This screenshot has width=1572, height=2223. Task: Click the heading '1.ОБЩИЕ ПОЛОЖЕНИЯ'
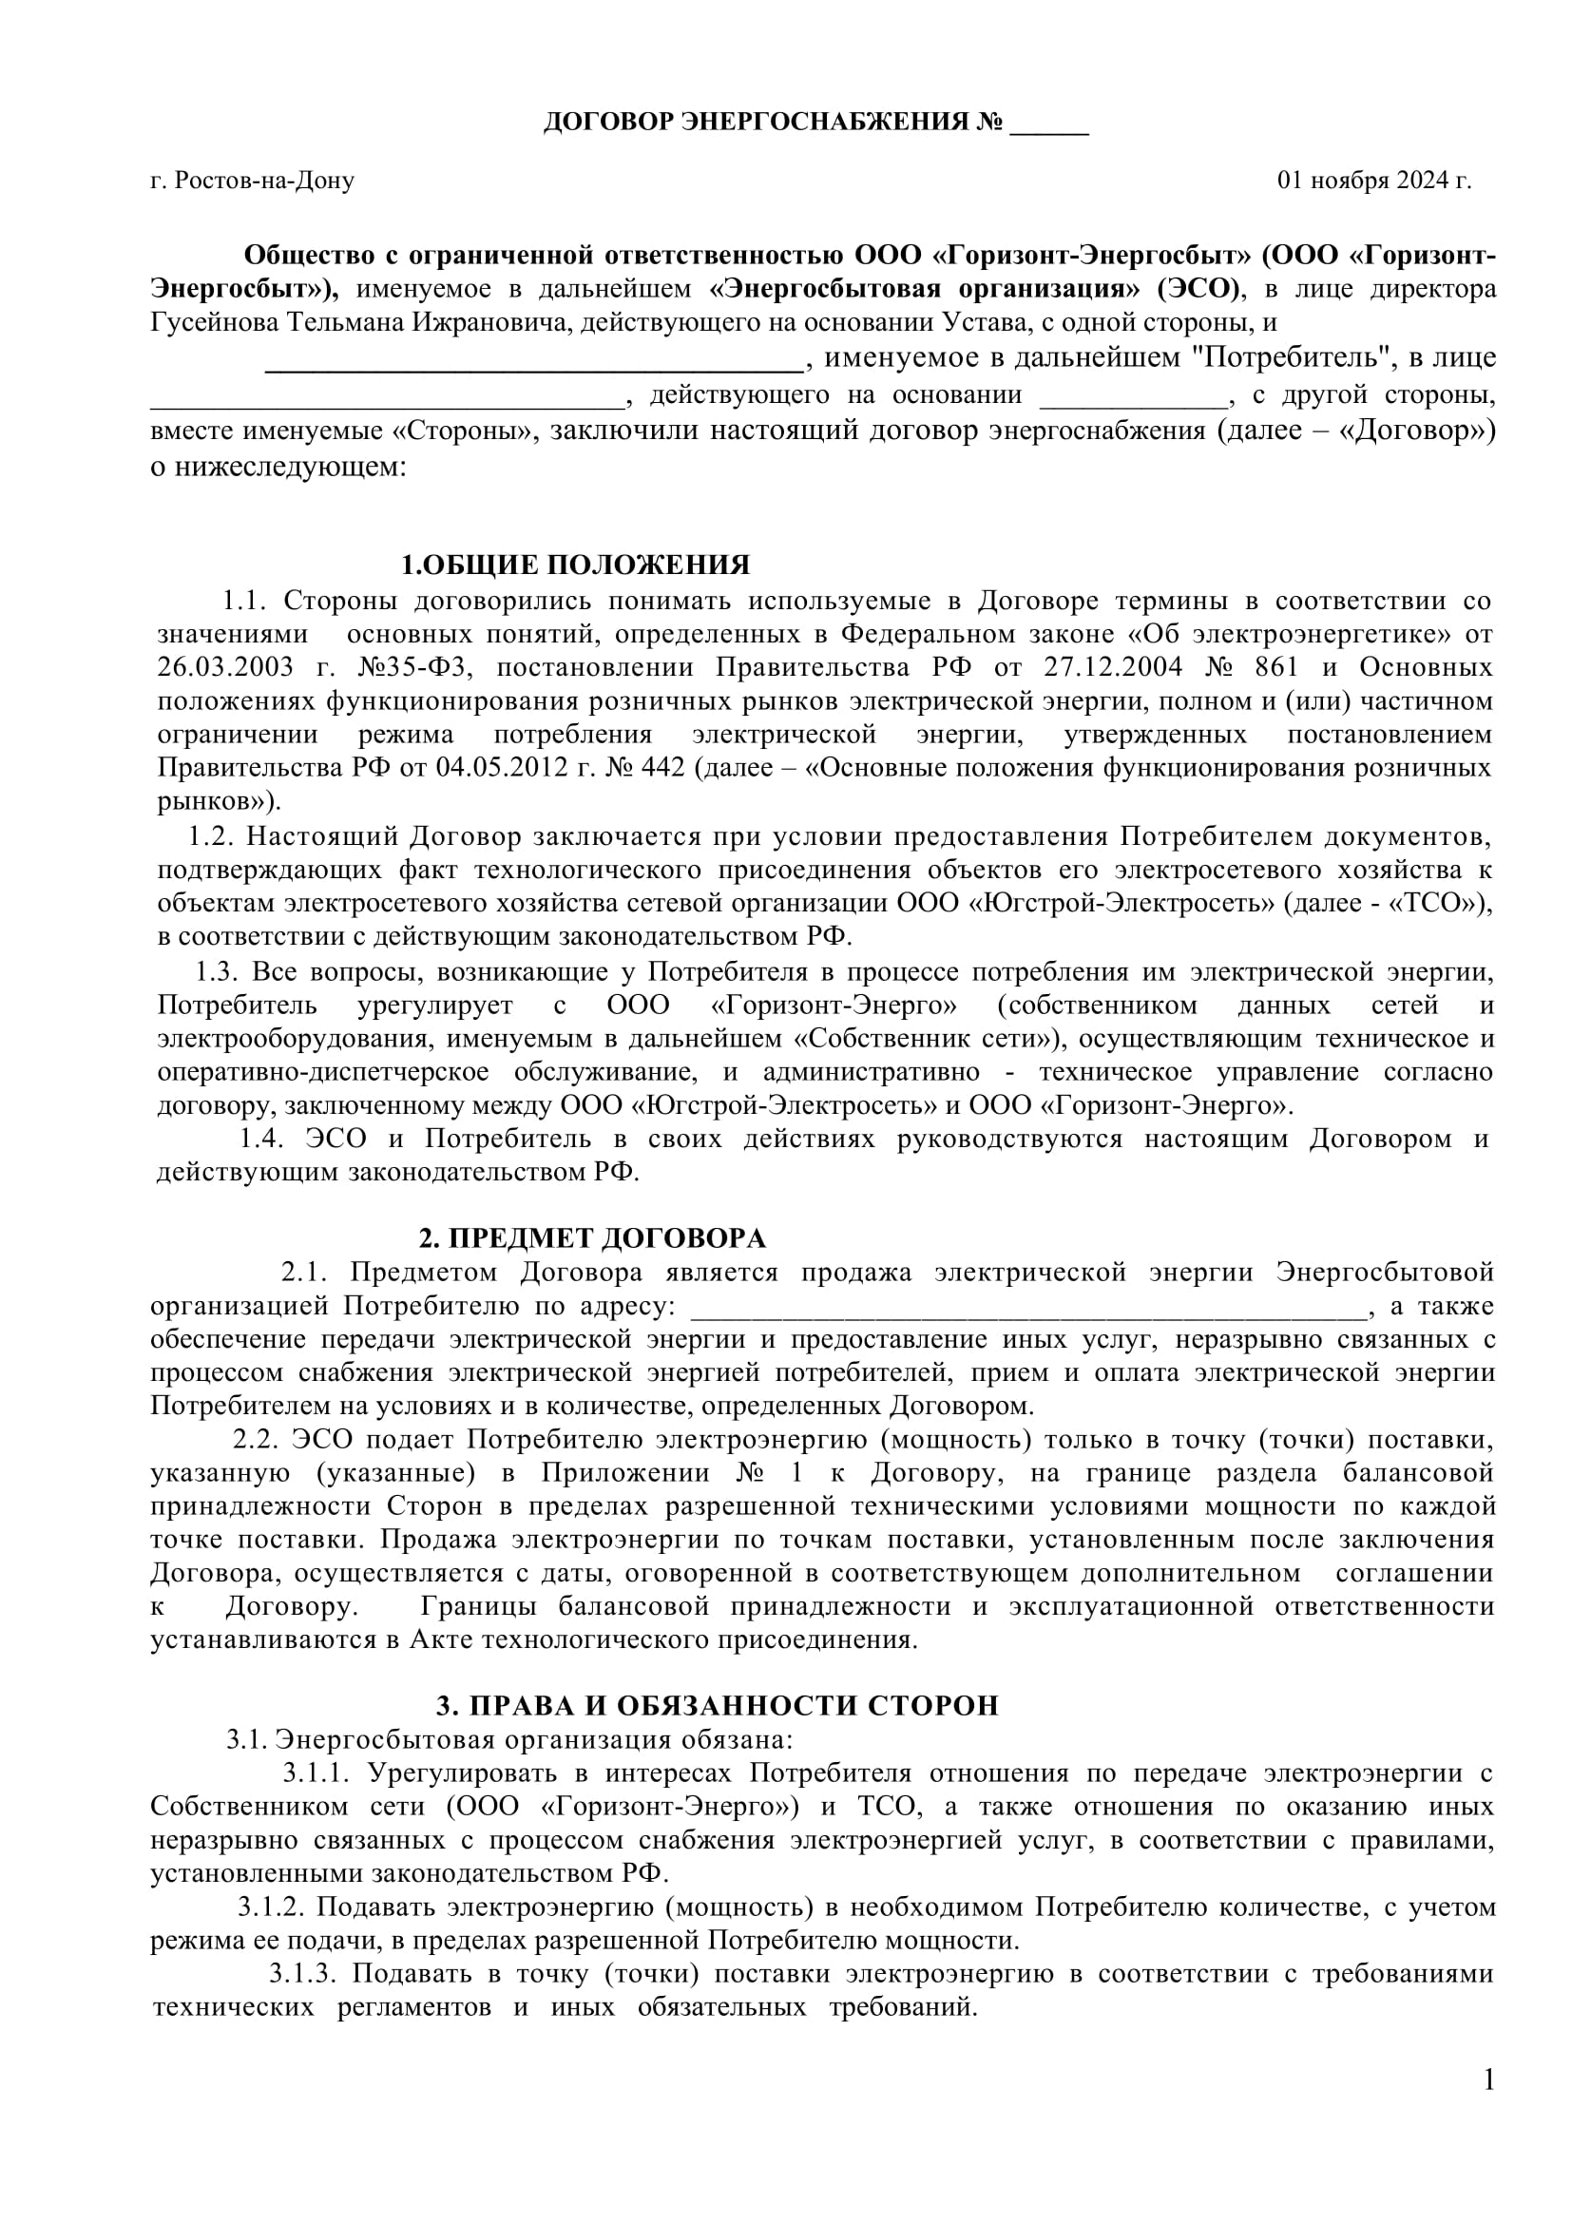(576, 565)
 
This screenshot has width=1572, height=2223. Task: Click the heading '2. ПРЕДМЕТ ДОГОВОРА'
(592, 1238)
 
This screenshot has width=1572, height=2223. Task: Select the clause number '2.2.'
(256, 1440)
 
